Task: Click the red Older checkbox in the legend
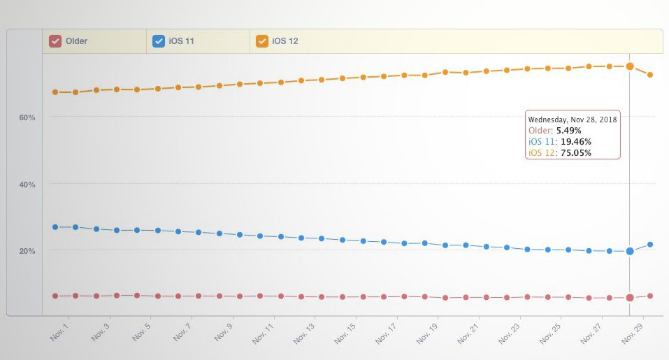(x=55, y=41)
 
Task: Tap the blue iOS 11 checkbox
(x=159, y=41)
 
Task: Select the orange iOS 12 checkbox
(x=262, y=41)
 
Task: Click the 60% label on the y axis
(x=27, y=117)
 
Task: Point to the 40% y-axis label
(x=27, y=185)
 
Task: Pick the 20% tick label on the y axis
(x=27, y=251)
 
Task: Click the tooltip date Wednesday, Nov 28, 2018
(x=573, y=120)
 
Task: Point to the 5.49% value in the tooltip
(x=568, y=131)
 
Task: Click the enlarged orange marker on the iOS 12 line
(x=630, y=66)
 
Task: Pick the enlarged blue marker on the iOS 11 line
(x=630, y=251)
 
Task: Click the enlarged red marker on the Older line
(x=630, y=298)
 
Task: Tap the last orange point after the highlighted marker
(x=650, y=75)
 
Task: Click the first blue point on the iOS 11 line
(x=55, y=227)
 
